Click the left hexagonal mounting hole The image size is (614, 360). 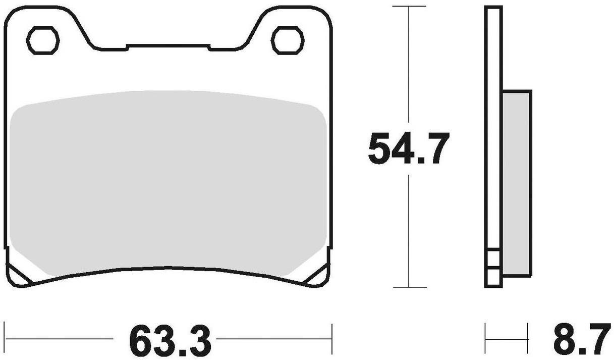[43, 40]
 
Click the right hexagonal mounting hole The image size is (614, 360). [288, 40]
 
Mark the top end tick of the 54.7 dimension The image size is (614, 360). [408, 7]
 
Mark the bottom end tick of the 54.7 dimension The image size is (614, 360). [408, 287]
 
